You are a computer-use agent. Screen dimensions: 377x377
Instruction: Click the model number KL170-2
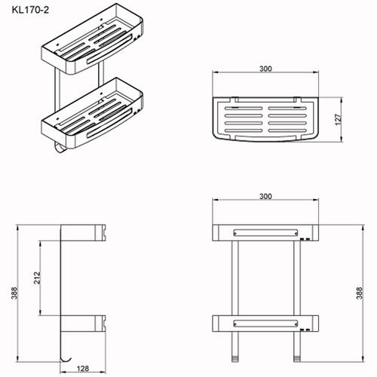click(x=30, y=10)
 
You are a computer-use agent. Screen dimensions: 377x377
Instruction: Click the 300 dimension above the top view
click(x=265, y=69)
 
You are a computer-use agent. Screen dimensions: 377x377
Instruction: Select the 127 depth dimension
click(x=339, y=120)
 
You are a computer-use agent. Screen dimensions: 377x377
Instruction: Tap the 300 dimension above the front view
click(x=265, y=196)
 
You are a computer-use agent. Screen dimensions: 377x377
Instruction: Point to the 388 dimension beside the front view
click(x=360, y=293)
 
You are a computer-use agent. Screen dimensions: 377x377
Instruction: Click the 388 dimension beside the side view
click(x=14, y=293)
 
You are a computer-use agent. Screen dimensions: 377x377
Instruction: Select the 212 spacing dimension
click(x=37, y=277)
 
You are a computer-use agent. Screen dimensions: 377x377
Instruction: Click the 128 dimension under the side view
click(x=83, y=369)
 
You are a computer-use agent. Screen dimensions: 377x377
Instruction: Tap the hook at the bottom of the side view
click(x=66, y=360)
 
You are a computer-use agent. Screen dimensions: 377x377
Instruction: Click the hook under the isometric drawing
click(x=60, y=149)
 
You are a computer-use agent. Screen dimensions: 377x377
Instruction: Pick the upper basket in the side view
click(x=83, y=233)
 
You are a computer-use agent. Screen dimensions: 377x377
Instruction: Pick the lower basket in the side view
click(x=83, y=323)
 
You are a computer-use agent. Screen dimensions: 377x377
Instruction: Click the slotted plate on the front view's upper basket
click(x=265, y=233)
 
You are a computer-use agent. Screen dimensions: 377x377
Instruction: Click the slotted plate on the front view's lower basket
click(x=265, y=323)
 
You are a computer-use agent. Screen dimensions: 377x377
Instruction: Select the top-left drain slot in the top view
click(x=244, y=109)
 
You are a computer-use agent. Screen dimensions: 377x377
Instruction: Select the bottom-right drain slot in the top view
click(x=287, y=130)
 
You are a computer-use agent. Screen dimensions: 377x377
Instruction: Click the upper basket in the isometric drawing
click(x=92, y=39)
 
